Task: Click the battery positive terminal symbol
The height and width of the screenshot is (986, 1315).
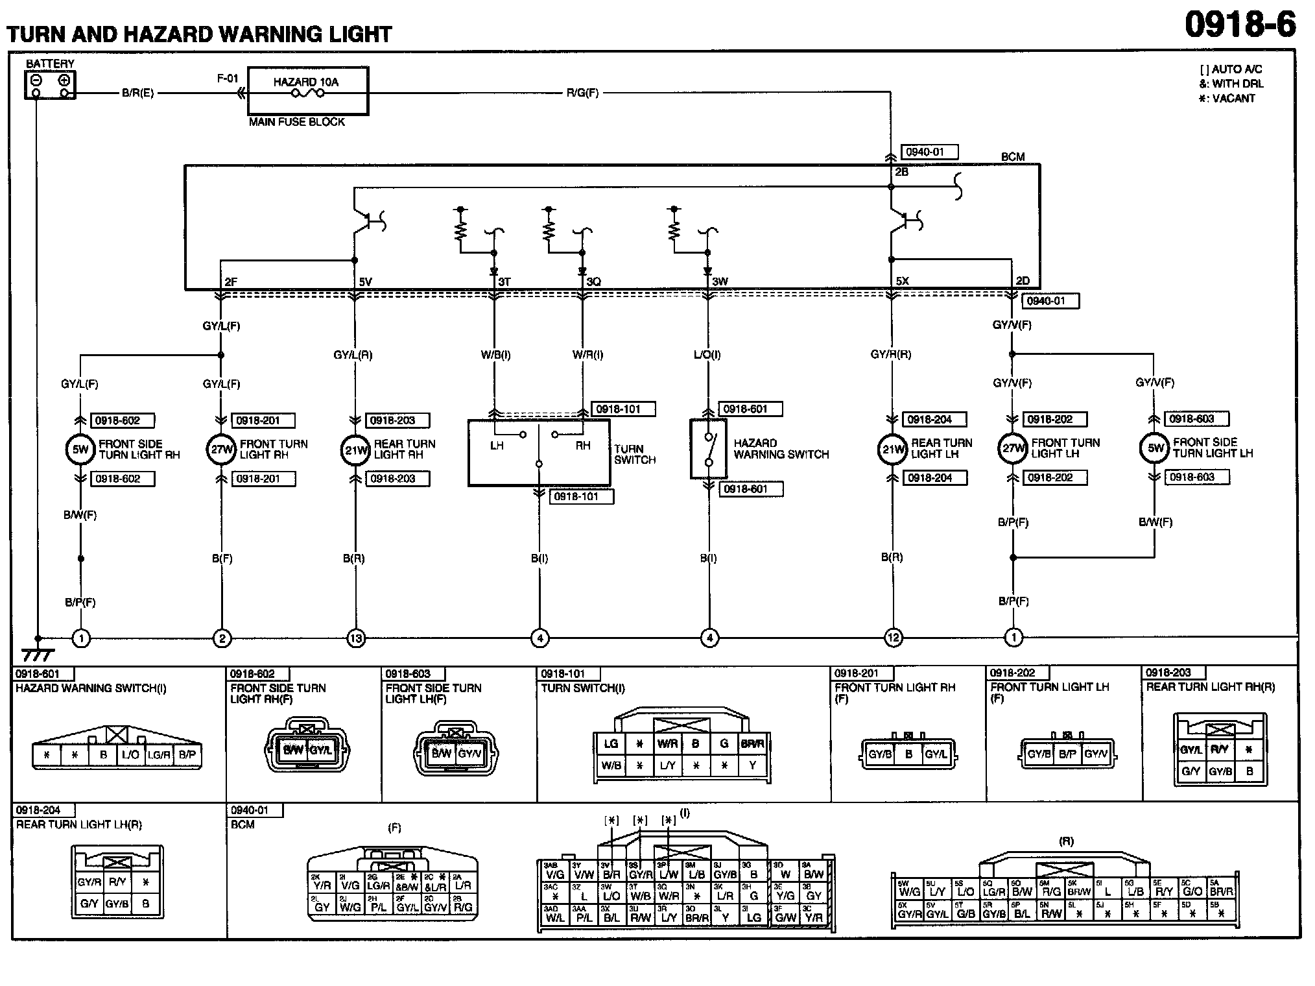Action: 64,81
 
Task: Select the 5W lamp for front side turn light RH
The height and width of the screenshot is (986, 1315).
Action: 80,450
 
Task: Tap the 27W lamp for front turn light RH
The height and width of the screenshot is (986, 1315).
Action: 221,450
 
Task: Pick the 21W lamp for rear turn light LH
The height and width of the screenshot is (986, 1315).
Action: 892,450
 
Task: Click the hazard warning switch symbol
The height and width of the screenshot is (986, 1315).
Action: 708,449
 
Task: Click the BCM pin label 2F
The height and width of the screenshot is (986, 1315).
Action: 231,282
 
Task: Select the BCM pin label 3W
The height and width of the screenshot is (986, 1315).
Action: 720,282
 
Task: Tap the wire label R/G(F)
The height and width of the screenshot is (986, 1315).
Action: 582,93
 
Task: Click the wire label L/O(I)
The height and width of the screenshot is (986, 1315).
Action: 707,355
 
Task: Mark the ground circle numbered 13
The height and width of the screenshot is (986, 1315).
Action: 356,638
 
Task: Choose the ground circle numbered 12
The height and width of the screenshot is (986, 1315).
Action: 893,638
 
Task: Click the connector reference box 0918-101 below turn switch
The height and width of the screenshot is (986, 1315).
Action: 581,497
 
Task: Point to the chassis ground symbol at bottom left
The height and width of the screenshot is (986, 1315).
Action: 38,654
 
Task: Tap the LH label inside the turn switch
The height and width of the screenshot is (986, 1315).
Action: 497,446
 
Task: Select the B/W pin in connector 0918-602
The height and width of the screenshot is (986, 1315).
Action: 293,751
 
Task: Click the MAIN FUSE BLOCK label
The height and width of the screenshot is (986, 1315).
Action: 297,122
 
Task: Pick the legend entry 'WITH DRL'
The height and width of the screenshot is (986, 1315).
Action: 1231,84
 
